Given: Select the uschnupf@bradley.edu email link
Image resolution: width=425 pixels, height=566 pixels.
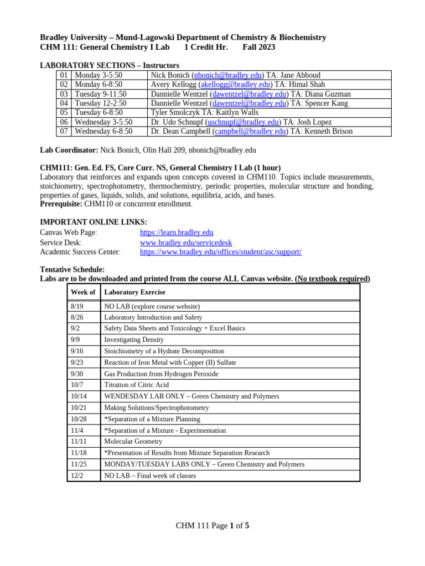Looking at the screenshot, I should pyautogui.click(x=243, y=122).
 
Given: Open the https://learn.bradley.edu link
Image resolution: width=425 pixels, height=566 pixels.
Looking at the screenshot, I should pyautogui.click(x=177, y=233).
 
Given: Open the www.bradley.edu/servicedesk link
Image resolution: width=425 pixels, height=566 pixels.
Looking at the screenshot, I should pyautogui.click(x=186, y=243).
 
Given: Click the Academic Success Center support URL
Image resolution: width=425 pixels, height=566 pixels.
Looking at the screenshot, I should pyautogui.click(x=221, y=252).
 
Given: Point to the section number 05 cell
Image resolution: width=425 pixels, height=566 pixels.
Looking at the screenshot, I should pyautogui.click(x=64, y=113).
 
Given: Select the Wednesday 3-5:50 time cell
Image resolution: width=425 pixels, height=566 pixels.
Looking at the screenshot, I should pyautogui.click(x=103, y=122).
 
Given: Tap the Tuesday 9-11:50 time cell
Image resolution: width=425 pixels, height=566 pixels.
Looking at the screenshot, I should pyautogui.click(x=101, y=94).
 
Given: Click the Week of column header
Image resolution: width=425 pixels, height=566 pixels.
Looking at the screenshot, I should pyautogui.click(x=83, y=292).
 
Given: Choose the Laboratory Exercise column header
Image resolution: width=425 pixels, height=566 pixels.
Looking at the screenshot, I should pyautogui.click(x=134, y=292).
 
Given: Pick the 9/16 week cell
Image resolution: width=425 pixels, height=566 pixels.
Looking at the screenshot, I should pyautogui.click(x=77, y=351).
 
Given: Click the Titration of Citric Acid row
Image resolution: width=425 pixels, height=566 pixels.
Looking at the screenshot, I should pyautogui.click(x=136, y=385).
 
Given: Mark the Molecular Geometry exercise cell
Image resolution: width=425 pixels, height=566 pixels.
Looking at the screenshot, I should pyautogui.click(x=133, y=442).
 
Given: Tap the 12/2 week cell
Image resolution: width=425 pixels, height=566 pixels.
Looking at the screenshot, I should pyautogui.click(x=76, y=475).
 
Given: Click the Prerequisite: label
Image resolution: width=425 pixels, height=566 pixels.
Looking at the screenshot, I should pyautogui.click(x=61, y=204).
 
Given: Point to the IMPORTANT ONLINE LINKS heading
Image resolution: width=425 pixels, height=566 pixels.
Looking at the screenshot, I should pyautogui.click(x=94, y=222).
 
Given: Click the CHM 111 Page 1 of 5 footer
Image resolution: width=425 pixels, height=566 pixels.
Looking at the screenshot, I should pyautogui.click(x=212, y=526).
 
